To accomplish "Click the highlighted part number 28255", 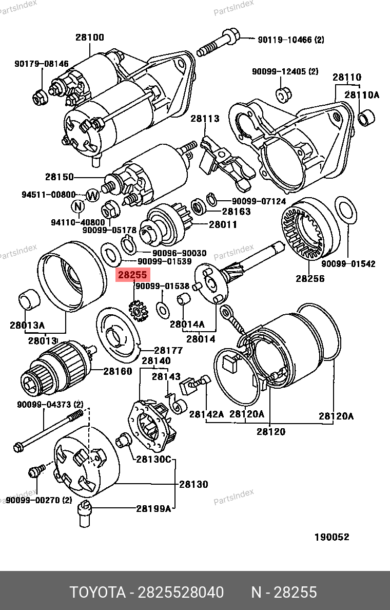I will (132, 275).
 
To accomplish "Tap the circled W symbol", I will (92, 195).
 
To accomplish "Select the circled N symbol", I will (77, 206).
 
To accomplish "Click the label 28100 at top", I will (90, 37).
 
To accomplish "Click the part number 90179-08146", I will (41, 64).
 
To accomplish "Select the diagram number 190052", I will (331, 537).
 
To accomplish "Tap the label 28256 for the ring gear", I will (310, 279).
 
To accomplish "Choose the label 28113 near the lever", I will (205, 119).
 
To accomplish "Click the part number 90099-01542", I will (348, 264).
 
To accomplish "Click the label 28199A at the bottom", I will (153, 509).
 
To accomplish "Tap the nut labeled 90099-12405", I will (282, 94).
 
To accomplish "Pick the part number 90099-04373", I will (43, 405).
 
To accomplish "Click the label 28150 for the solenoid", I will (60, 177).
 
